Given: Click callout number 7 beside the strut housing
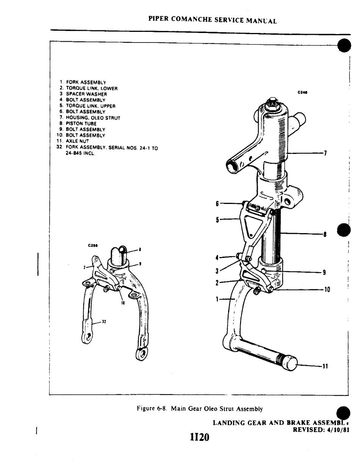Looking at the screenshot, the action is click(325, 153).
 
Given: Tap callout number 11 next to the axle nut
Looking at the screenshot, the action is click(325, 366).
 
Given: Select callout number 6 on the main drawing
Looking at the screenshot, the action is click(218, 204).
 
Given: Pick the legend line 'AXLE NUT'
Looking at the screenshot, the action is click(77, 141).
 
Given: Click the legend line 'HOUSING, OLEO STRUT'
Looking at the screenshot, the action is click(93, 118).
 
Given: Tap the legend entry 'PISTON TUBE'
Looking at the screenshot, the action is click(81, 124).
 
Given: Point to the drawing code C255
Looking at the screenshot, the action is click(92, 245).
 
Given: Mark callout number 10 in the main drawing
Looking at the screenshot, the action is click(327, 290).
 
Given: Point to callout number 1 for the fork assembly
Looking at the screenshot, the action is click(218, 299).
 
